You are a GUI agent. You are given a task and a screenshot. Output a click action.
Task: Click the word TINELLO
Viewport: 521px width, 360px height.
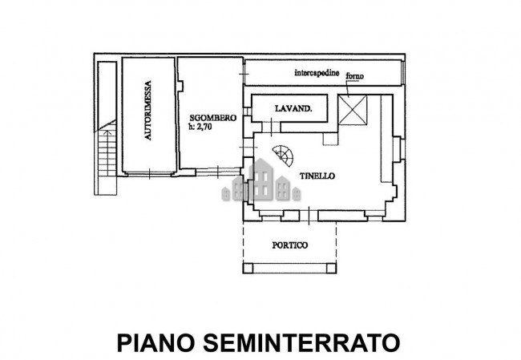[317, 176]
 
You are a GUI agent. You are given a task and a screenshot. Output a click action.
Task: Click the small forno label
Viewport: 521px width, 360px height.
[355, 75]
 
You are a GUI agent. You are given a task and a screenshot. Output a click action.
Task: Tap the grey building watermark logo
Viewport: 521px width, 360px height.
[262, 183]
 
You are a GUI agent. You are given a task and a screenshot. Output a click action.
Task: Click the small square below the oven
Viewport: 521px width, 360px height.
[329, 138]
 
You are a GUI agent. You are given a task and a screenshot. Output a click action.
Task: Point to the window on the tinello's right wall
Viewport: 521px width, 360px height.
[395, 149]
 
